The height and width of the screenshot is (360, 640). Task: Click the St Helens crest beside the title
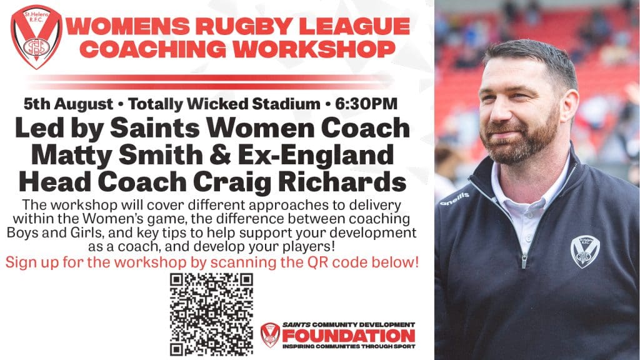click(x=37, y=37)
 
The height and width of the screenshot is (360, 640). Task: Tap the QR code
click(x=211, y=314)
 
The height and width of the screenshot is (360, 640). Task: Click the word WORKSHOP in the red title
click(x=314, y=49)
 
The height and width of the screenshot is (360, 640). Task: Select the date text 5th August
click(x=68, y=104)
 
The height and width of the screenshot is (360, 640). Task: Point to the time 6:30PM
click(x=366, y=104)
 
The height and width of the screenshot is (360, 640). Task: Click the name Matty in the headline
click(x=71, y=156)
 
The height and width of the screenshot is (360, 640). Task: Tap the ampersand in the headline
click(x=220, y=156)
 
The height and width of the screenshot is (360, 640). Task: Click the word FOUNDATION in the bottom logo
click(x=349, y=336)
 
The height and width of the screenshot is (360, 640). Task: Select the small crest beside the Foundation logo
click(x=270, y=335)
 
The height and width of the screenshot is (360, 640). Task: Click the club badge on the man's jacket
click(x=585, y=251)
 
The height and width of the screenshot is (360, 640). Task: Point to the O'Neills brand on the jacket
click(x=455, y=199)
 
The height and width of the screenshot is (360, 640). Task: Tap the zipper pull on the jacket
click(x=524, y=261)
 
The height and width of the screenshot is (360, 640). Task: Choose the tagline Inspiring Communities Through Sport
click(x=349, y=346)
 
